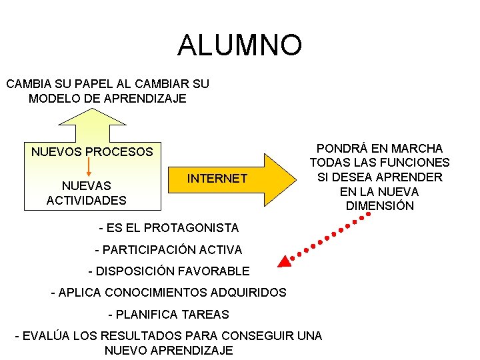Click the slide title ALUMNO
coord(239,45)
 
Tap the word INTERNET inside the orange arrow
coord(217,179)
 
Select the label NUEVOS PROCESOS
coord(92,152)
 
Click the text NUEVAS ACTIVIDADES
coord(87,193)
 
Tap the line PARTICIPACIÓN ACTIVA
coord(169,250)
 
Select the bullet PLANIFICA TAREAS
coord(169,314)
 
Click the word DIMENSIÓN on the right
coord(380,206)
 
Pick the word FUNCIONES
coord(417,163)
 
